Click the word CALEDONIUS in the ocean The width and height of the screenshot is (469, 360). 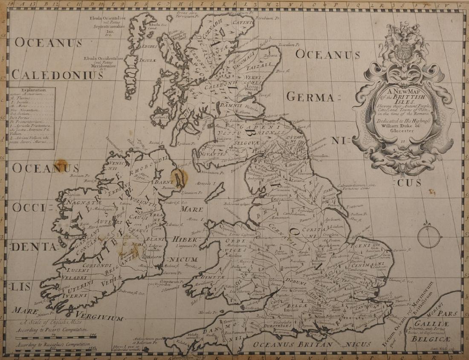(57, 75)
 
